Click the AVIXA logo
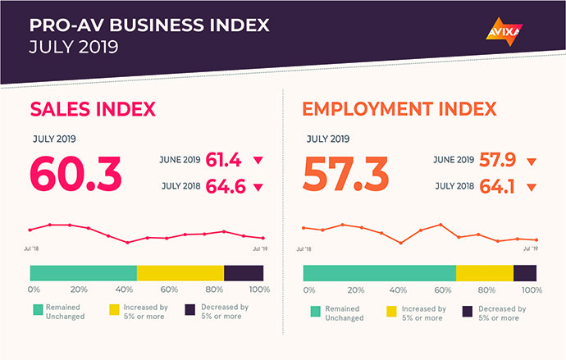point(504,32)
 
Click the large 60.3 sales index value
point(75,174)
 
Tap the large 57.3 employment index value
point(346,174)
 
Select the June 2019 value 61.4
point(223,160)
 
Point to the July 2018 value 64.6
point(226,186)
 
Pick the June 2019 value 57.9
point(497,160)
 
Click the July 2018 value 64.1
point(497,186)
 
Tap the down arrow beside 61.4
point(258,160)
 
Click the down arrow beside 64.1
point(532,187)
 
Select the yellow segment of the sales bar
point(180,273)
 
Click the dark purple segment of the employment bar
point(525,273)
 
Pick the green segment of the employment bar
point(379,273)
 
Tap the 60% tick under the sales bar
point(169,289)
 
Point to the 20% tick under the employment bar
point(355,290)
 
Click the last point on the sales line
point(263,238)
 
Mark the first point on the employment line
point(304,228)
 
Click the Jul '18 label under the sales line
point(31,248)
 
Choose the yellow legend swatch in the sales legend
point(114,310)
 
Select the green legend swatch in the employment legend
point(316,312)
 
